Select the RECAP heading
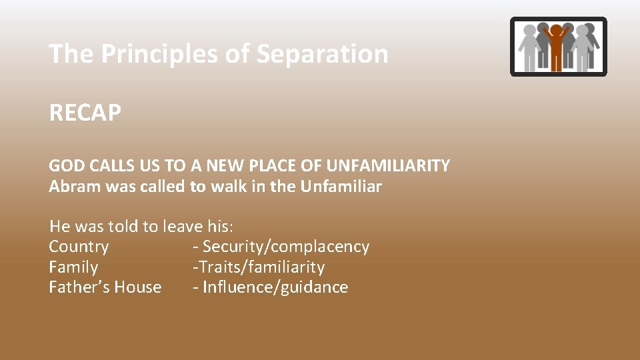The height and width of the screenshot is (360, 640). (85, 113)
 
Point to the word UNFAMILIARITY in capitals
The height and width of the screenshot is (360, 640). (388, 165)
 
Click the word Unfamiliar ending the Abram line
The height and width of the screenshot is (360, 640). (341, 186)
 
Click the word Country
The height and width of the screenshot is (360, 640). (79, 247)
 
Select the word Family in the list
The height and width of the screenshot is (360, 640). (73, 267)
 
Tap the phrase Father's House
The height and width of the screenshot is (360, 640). (105, 287)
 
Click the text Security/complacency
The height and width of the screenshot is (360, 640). (285, 247)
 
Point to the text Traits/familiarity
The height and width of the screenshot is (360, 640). (261, 267)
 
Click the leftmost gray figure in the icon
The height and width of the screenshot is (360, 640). (530, 48)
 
